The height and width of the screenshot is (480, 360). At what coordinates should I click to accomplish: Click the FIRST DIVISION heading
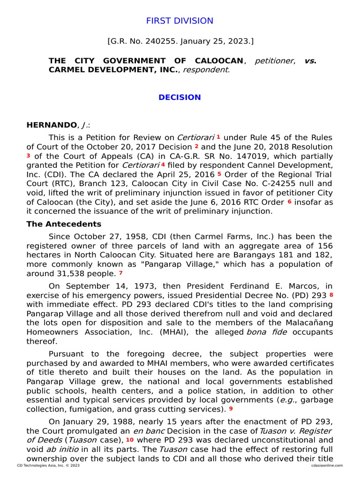pyautogui.click(x=180, y=21)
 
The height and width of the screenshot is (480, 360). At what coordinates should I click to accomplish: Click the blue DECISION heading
pyautogui.click(x=180, y=97)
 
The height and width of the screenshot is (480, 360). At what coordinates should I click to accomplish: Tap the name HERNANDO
pyautogui.click(x=52, y=125)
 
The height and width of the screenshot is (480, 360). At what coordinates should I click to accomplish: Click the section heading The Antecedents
pyautogui.click(x=64, y=224)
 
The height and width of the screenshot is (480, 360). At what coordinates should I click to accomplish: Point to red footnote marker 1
pyautogui.click(x=218, y=137)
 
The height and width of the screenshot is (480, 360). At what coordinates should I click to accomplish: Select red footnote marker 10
pyautogui.click(x=129, y=439)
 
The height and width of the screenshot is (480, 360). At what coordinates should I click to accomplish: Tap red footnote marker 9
pyautogui.click(x=231, y=408)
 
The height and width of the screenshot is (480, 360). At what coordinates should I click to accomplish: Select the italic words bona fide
pyautogui.click(x=270, y=332)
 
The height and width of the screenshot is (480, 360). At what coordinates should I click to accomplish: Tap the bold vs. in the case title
pyautogui.click(x=310, y=61)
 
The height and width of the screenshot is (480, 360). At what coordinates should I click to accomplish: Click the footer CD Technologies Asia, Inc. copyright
pyautogui.click(x=48, y=465)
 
